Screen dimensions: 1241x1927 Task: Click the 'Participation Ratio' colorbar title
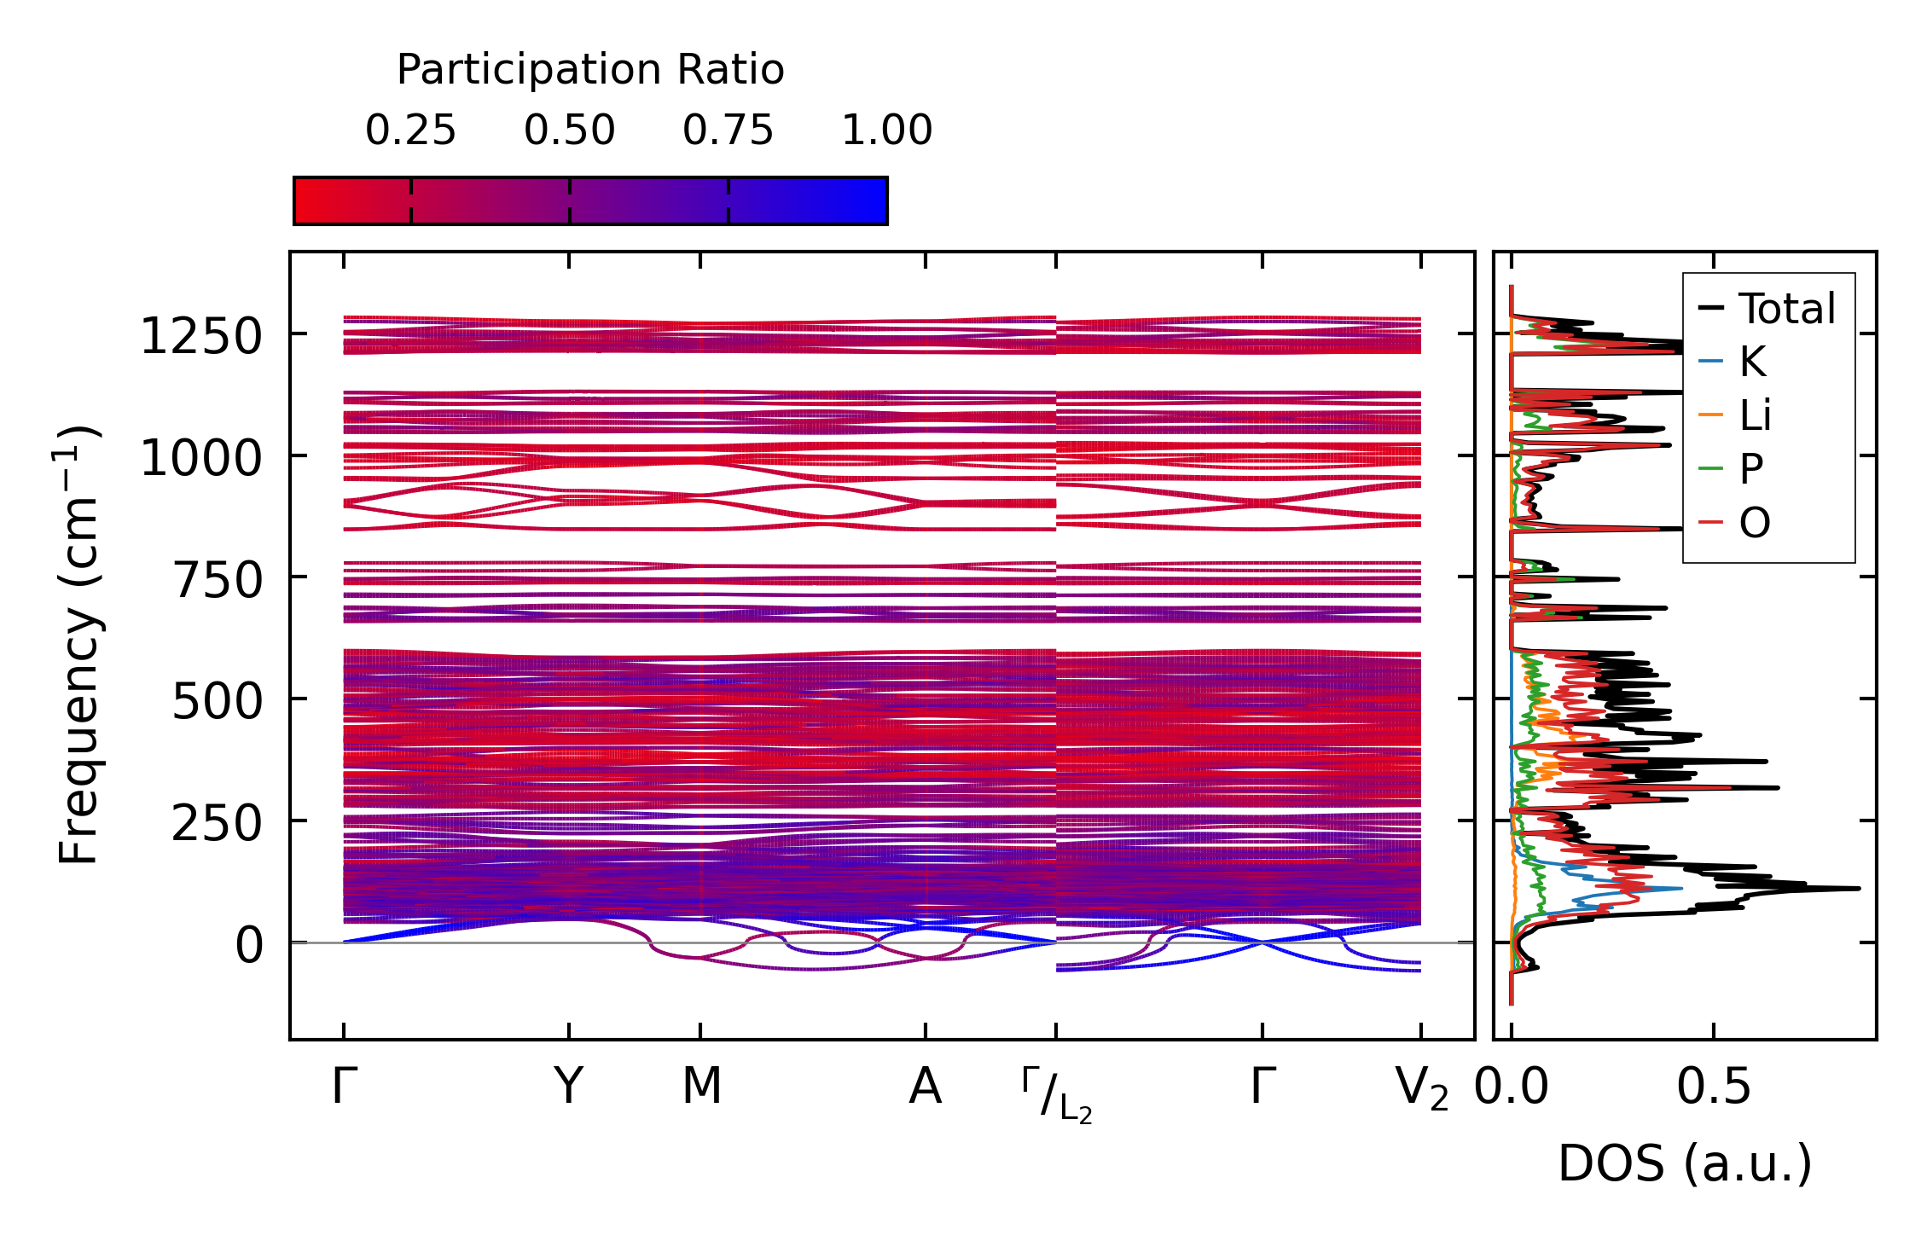[590, 70]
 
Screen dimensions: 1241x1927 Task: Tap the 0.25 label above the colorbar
[410, 131]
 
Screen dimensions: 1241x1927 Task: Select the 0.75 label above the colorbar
[728, 131]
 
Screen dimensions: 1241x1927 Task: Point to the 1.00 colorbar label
[887, 131]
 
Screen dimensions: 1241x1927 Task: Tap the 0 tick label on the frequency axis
[249, 945]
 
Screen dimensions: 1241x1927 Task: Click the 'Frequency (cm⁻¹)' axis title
[78, 645]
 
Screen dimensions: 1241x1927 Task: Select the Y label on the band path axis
[569, 1087]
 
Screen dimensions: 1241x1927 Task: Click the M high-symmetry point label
[701, 1087]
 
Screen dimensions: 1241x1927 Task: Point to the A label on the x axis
[926, 1087]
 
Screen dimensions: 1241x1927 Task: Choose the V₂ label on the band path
[1421, 1090]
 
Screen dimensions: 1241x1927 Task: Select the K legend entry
[1752, 362]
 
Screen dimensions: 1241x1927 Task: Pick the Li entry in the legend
[1756, 416]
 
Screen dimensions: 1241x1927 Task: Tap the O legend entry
[1755, 523]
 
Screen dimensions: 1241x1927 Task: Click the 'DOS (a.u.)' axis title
[1685, 1163]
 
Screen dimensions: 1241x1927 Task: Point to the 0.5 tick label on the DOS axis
[1713, 1087]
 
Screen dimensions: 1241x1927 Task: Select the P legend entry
[1751, 469]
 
